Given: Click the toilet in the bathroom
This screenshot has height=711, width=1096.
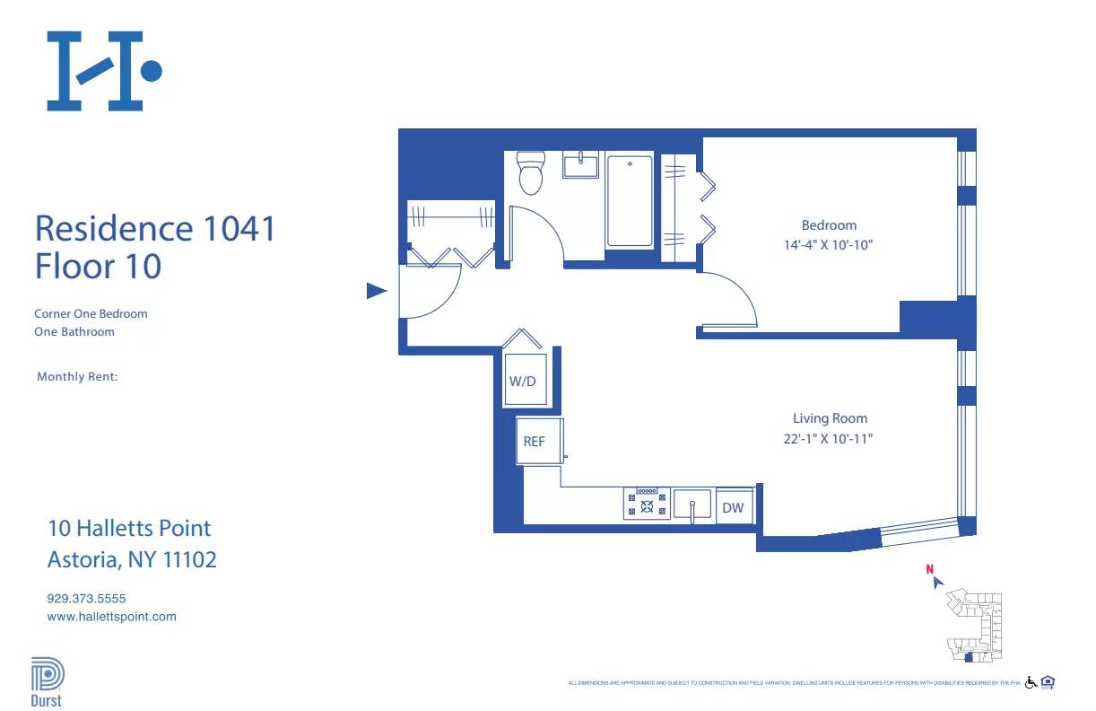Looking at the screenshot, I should click(531, 174).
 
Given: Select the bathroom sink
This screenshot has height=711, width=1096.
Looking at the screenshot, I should click(581, 165).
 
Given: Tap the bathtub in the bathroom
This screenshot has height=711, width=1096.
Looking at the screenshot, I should click(630, 201).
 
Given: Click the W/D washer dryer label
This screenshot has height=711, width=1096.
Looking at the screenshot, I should click(522, 381).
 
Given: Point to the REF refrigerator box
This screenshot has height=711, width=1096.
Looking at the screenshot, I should click(535, 442).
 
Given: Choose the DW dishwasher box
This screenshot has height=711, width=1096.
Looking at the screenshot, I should click(733, 507).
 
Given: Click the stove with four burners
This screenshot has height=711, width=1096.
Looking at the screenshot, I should click(647, 504).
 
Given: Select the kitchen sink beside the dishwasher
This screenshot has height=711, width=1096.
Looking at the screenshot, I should click(692, 505).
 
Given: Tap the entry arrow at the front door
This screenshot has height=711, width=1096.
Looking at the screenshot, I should click(377, 291).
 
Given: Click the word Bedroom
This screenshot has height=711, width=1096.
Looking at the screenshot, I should click(829, 225).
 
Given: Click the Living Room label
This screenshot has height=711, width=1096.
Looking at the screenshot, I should click(830, 418).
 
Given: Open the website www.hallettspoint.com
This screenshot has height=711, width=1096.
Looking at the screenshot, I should click(111, 617).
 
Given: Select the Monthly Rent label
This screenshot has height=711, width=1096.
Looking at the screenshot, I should click(77, 377).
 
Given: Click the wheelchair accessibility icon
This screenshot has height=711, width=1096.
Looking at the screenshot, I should click(1031, 682).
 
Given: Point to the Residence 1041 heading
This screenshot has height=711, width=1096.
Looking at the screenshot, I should click(155, 228).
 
